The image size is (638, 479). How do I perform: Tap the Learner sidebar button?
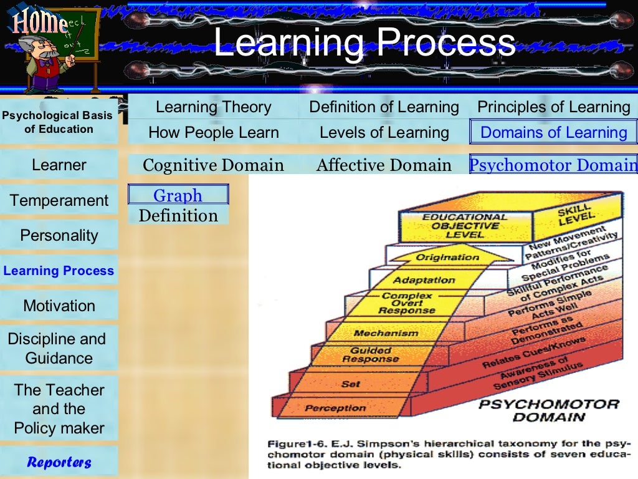(59, 165)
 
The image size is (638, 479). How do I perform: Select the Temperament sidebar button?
(59, 201)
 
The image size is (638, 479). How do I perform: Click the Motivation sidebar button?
(59, 306)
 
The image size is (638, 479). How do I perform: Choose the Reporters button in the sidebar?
(59, 462)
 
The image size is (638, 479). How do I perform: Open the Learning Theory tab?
(213, 107)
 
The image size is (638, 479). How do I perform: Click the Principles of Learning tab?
(554, 107)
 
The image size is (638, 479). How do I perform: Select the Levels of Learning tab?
(384, 132)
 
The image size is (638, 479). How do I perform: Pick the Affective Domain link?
(384, 165)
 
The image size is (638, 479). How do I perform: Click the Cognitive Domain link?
(213, 165)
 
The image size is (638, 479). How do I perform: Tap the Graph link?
(178, 195)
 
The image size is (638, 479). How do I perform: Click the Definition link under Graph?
(178, 216)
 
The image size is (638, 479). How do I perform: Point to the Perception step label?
(335, 409)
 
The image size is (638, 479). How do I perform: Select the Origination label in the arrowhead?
(447, 257)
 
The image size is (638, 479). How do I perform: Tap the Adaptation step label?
(424, 280)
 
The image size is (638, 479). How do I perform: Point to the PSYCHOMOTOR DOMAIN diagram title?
(548, 410)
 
